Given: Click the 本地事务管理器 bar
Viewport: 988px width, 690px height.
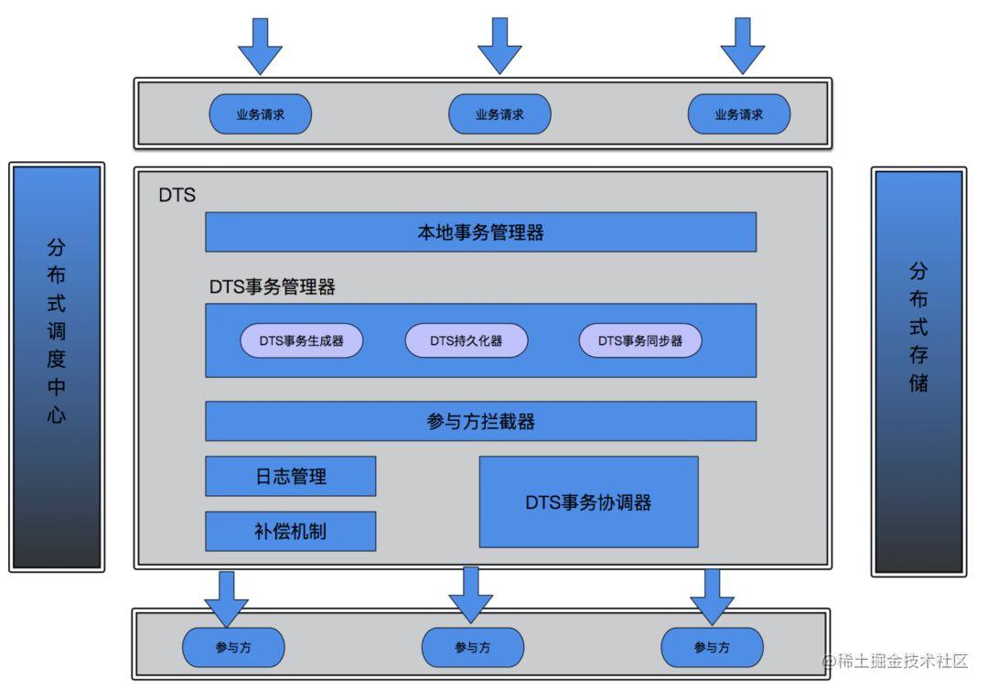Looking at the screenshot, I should [480, 232].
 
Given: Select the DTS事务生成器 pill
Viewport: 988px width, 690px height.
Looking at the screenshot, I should [302, 340].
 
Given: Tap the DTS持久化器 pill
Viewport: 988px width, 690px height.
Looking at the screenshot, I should [467, 340].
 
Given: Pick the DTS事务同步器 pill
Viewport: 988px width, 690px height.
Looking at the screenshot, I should [640, 340].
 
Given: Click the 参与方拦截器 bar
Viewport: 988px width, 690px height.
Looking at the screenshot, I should [480, 421].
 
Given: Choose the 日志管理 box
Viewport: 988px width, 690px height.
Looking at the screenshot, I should [290, 476].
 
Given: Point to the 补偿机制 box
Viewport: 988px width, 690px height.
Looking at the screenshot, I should [290, 532].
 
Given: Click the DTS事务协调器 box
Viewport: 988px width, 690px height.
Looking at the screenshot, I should [588, 502].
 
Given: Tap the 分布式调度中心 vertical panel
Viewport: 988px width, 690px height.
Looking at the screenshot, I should [57, 366].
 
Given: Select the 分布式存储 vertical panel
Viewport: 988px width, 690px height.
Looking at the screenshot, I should [918, 371].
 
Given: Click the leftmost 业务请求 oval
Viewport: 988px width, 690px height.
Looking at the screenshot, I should [261, 114].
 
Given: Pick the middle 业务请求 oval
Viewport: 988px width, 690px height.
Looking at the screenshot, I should [499, 114].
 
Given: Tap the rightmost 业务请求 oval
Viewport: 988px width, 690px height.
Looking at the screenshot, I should [739, 114].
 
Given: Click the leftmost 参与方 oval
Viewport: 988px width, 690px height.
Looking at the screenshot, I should [233, 648].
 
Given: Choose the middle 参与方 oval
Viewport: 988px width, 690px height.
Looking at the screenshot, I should [472, 648].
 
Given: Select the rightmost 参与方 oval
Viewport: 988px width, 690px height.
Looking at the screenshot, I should [712, 648].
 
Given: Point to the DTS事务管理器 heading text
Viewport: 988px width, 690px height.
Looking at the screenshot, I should [272, 287].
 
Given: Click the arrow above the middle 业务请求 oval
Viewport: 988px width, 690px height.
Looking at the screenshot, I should [500, 46].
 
